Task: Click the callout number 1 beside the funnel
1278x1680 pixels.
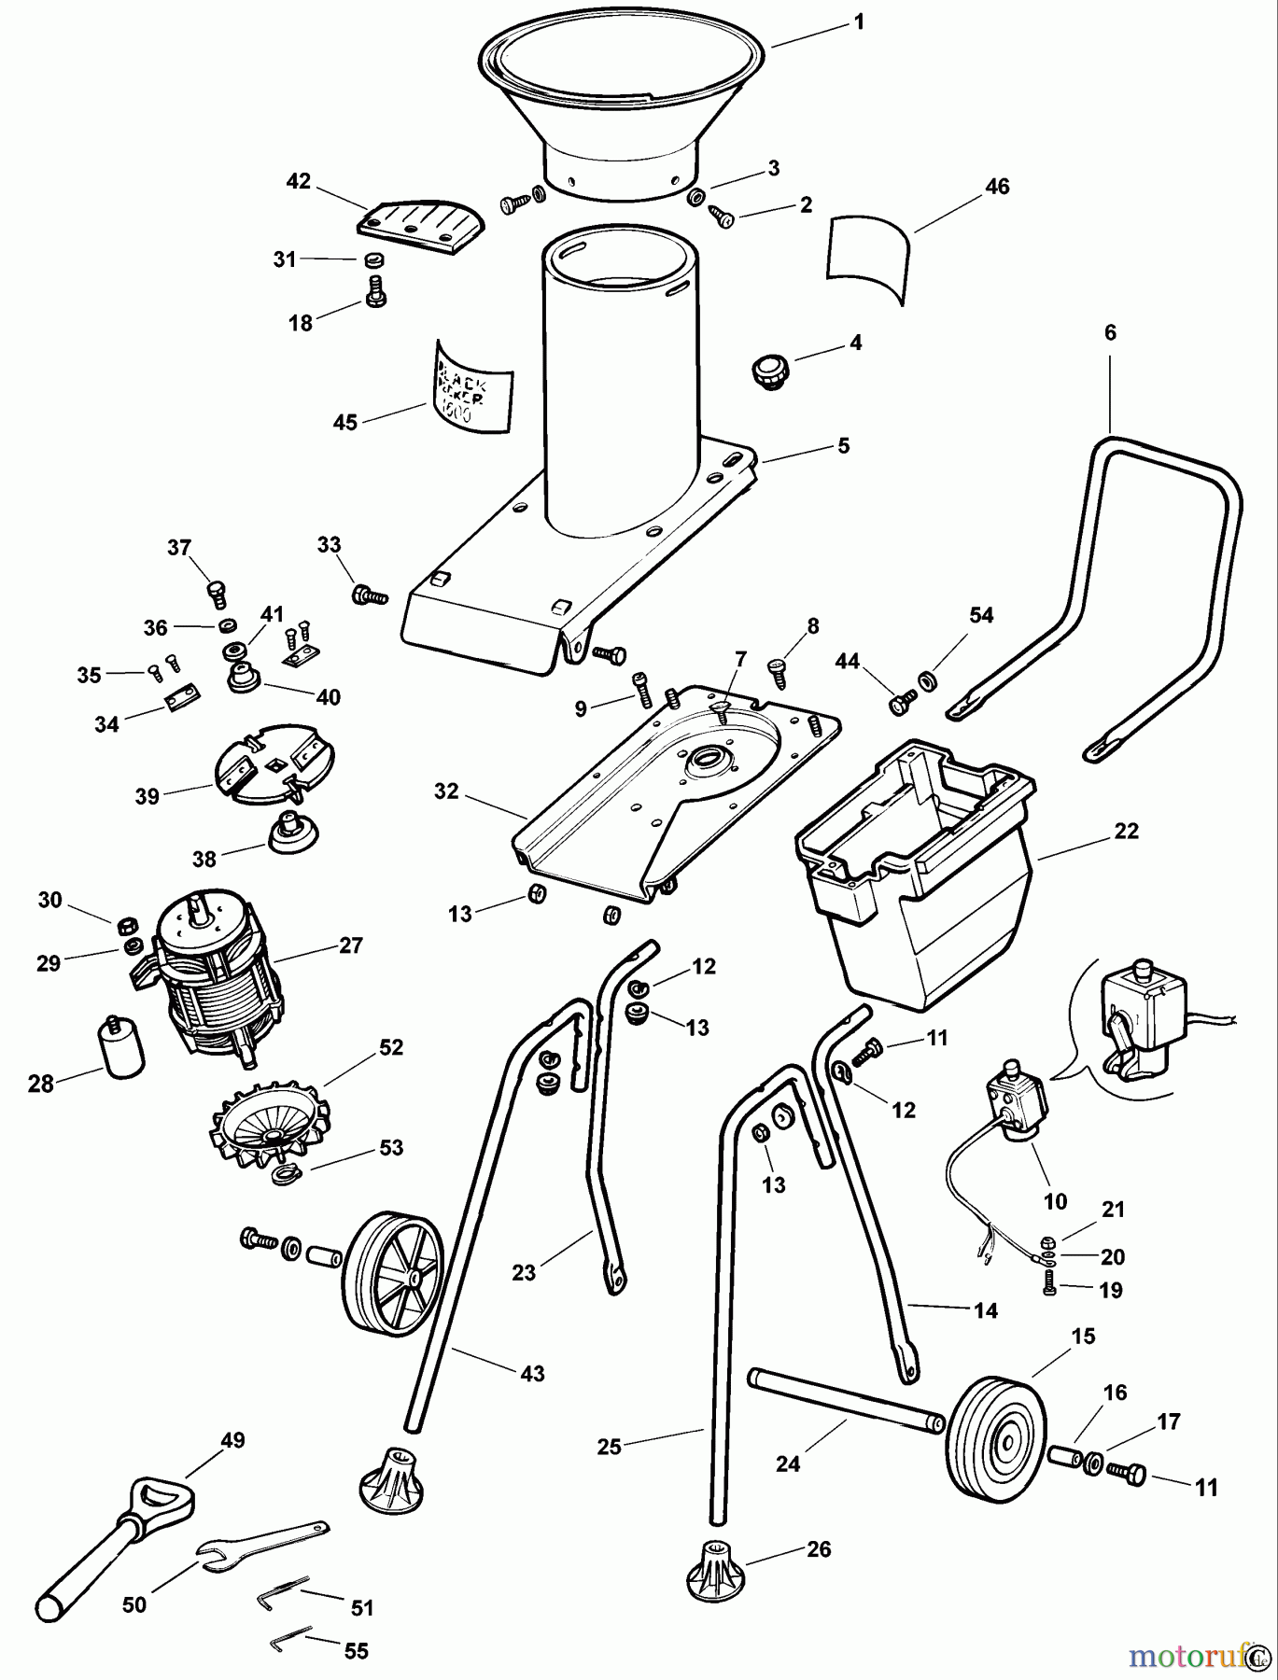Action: click(x=859, y=21)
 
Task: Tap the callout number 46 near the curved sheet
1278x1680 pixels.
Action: click(x=997, y=187)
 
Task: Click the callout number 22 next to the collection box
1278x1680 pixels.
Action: click(x=1126, y=831)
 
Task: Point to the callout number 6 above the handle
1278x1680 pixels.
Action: click(x=1109, y=333)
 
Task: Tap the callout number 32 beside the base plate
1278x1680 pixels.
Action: click(x=446, y=791)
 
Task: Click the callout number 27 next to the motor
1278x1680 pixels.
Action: click(x=350, y=945)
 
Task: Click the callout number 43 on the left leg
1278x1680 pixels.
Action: click(x=531, y=1373)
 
